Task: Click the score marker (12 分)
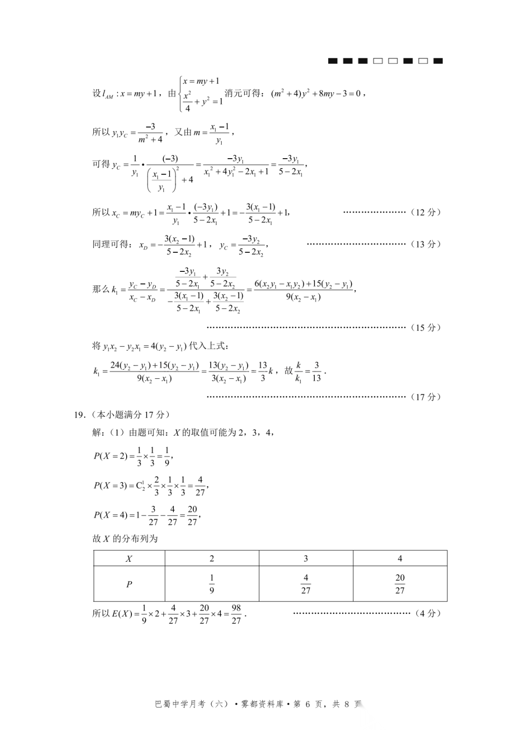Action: pyautogui.click(x=426, y=212)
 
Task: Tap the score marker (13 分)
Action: pyautogui.click(x=426, y=244)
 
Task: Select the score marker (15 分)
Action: pyautogui.click(x=426, y=327)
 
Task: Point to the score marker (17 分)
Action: pyautogui.click(x=426, y=397)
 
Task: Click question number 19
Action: pyautogui.click(x=79, y=415)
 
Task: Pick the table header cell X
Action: pyautogui.click(x=129, y=558)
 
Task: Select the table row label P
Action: pyautogui.click(x=129, y=584)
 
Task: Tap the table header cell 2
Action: pyautogui.click(x=212, y=558)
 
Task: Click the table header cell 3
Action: pyautogui.click(x=306, y=558)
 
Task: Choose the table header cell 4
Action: pyautogui.click(x=400, y=558)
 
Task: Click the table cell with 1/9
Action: pyautogui.click(x=212, y=584)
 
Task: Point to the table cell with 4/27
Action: pyautogui.click(x=306, y=584)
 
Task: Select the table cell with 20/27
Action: pyautogui.click(x=400, y=584)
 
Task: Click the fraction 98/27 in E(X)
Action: pyautogui.click(x=236, y=614)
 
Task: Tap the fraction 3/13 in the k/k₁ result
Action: pyautogui.click(x=316, y=371)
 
